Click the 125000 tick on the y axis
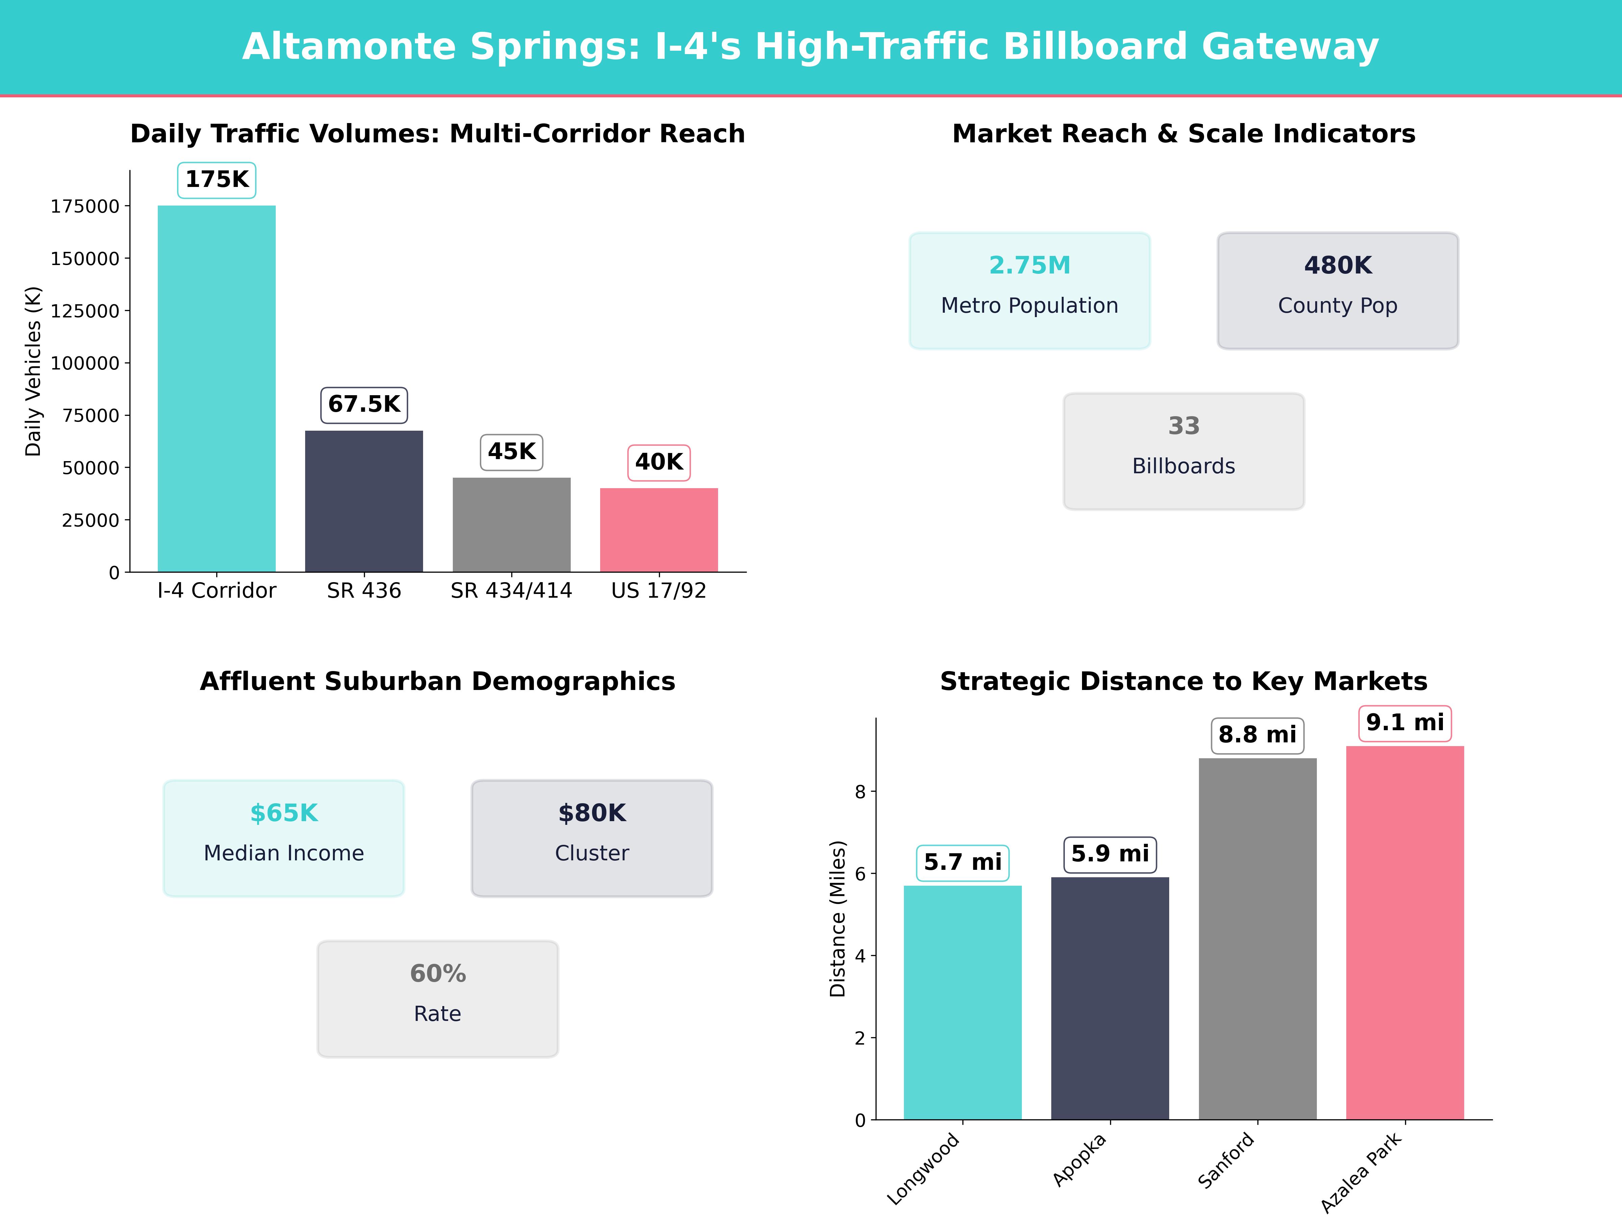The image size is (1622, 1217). pos(84,311)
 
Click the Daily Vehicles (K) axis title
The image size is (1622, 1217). pos(33,371)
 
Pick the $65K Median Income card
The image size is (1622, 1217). pos(284,838)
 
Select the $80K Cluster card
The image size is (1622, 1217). pos(592,838)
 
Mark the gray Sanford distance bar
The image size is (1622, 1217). pos(1258,939)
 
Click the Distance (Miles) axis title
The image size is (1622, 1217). pos(837,918)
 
